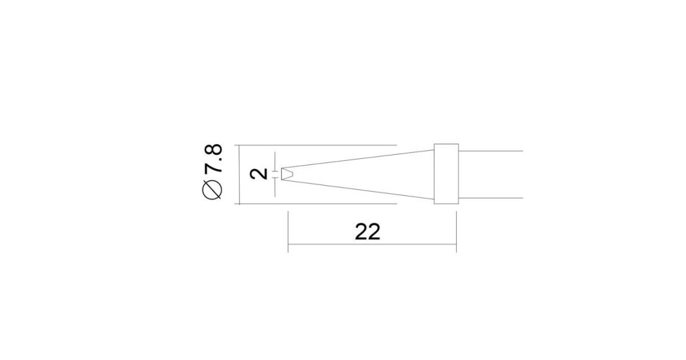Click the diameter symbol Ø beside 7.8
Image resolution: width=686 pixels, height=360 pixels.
point(212,190)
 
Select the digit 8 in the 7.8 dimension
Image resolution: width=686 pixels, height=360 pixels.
point(213,149)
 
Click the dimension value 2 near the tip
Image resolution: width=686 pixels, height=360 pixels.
point(259,174)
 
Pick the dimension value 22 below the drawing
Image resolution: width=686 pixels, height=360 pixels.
point(368,232)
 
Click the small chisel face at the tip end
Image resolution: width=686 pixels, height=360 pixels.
point(287,174)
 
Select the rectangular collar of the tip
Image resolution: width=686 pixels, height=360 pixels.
point(446,174)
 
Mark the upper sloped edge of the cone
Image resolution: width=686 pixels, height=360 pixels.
point(358,159)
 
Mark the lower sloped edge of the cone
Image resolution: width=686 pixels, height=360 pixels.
point(358,190)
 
